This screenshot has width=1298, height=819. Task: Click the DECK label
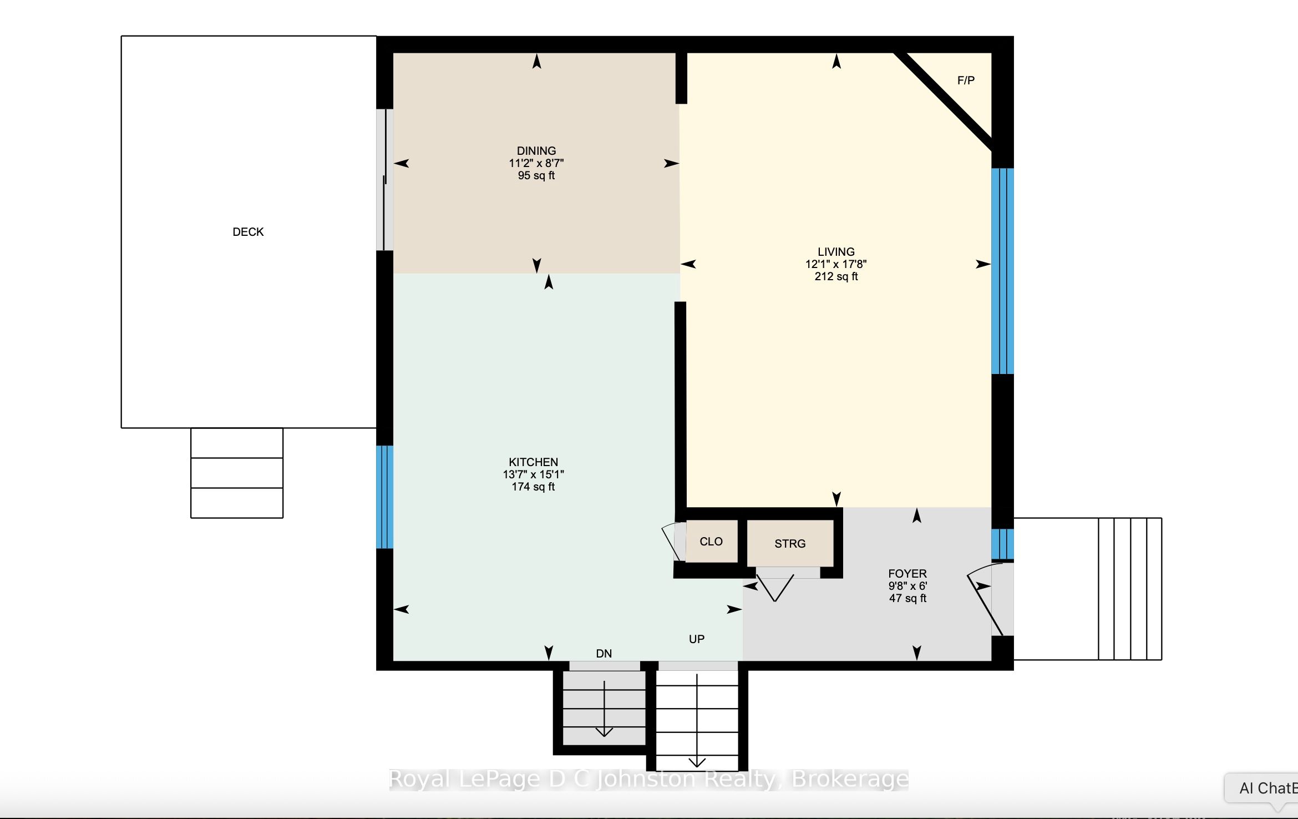[x=248, y=232]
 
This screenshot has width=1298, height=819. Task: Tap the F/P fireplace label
[x=966, y=80]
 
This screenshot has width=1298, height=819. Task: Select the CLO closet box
[x=712, y=542]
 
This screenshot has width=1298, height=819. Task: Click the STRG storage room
[x=790, y=543]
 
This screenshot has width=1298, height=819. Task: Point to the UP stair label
[x=697, y=639]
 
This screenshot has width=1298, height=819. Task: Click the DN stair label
[x=604, y=654]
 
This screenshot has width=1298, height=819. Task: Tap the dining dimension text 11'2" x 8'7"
[x=536, y=163]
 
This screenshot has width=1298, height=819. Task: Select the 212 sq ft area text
[x=836, y=276]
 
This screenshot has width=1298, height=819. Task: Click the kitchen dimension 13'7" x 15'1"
[x=534, y=474]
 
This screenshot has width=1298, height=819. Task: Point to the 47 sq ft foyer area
[x=907, y=598]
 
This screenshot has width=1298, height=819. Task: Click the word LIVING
[x=836, y=252]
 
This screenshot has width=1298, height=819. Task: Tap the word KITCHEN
[x=534, y=462]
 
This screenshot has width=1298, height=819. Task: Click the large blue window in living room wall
[x=1002, y=271]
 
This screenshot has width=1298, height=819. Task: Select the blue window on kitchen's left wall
[x=385, y=497]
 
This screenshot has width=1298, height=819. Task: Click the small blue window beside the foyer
[x=1002, y=544]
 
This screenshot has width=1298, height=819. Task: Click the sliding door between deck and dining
[x=385, y=180]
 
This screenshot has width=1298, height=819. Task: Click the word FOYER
[x=907, y=574]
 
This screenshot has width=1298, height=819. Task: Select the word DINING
[x=536, y=151]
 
